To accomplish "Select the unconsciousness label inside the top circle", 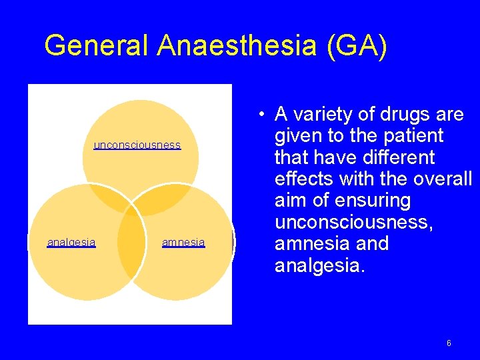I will [x=137, y=145].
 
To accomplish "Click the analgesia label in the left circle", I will [x=71, y=243].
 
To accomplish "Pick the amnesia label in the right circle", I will [x=183, y=243].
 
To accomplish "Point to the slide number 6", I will [x=449, y=343].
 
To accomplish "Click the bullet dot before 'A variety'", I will [x=265, y=115].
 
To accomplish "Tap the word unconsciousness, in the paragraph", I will [x=353, y=222].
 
